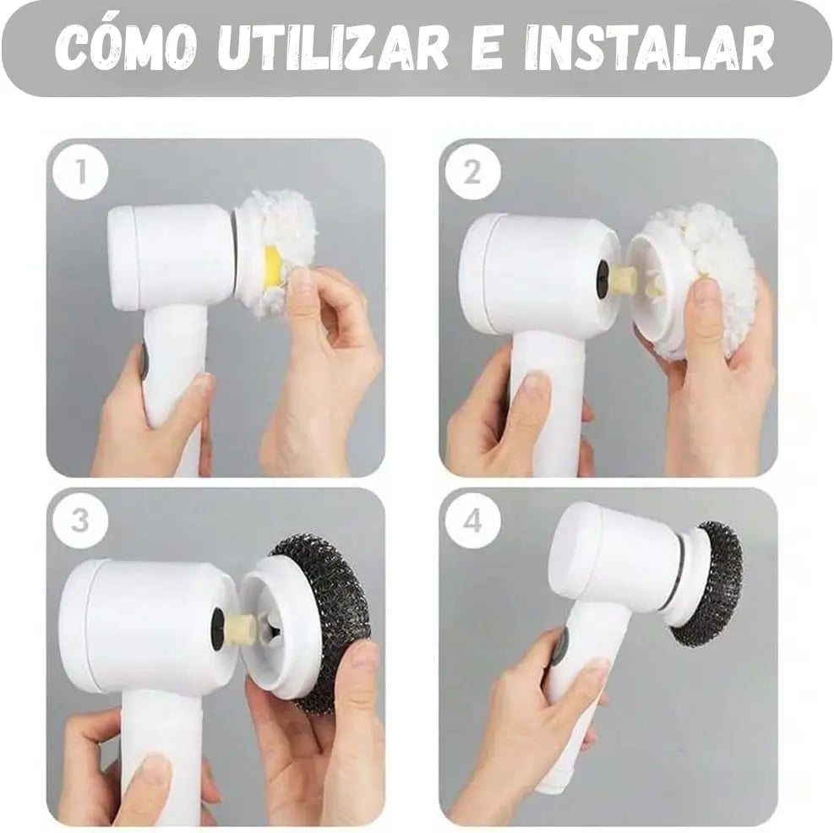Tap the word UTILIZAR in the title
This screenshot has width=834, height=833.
click(x=333, y=49)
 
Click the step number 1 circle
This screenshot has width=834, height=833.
click(x=80, y=172)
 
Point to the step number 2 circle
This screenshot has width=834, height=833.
click(x=472, y=172)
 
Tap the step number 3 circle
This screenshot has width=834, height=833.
click(x=80, y=520)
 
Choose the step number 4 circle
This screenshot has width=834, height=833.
click(x=472, y=520)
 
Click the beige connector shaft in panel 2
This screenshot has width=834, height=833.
click(x=624, y=279)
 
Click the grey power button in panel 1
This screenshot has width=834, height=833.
click(x=144, y=361)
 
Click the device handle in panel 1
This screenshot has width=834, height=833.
click(x=173, y=372)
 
